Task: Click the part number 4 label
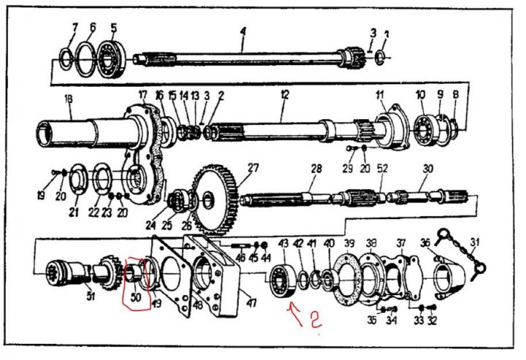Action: click(x=243, y=31)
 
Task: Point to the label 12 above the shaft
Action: click(x=285, y=94)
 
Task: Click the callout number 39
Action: click(x=349, y=243)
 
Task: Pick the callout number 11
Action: click(x=380, y=95)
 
